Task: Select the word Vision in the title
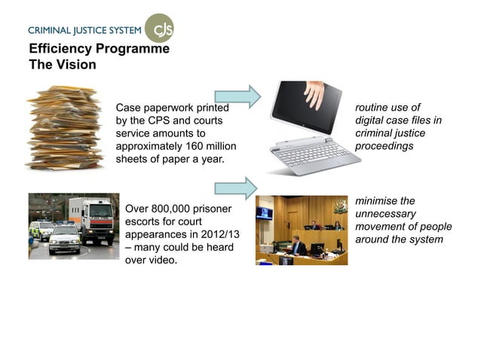(x=75, y=65)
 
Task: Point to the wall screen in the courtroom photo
(x=264, y=213)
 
